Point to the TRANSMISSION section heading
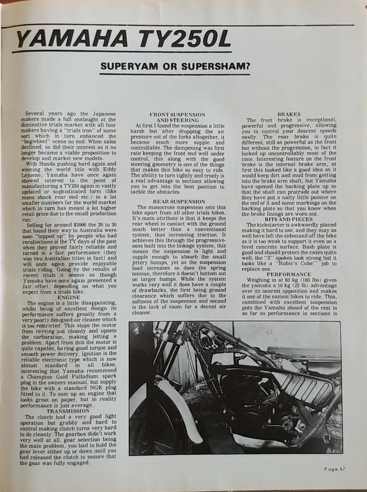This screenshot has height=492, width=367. click(x=68, y=411)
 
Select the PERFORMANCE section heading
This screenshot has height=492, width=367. click(x=289, y=274)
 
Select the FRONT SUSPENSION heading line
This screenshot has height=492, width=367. click(x=178, y=114)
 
